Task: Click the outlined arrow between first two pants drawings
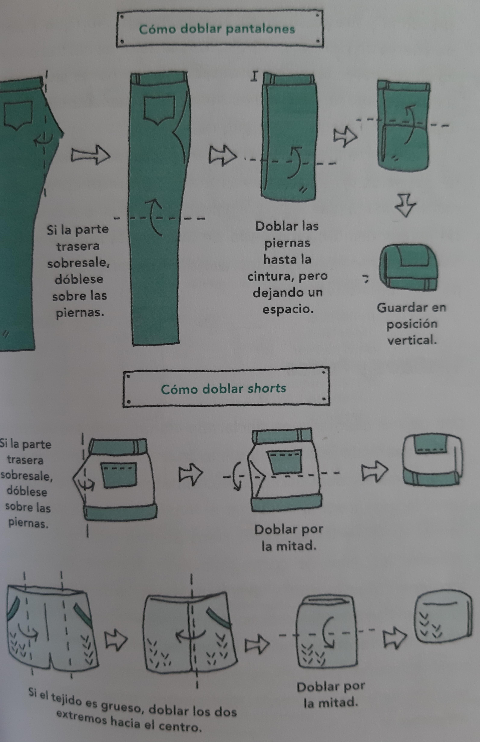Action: [x=90, y=155]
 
